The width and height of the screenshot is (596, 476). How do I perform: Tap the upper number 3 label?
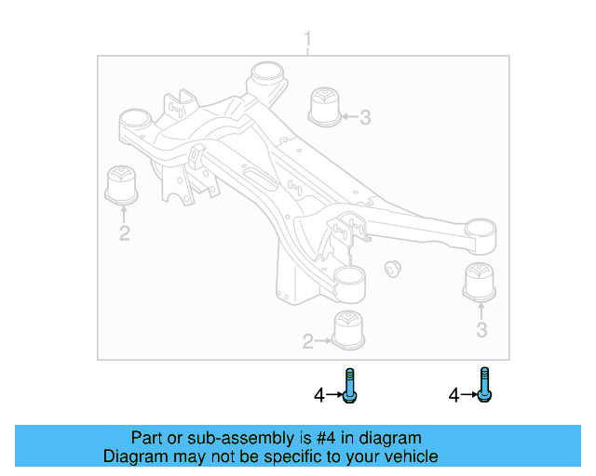365,117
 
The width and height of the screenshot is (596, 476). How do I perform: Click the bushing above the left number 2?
122,184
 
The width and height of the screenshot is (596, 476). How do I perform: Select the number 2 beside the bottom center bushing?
307,342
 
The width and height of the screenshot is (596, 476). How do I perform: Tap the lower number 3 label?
481,330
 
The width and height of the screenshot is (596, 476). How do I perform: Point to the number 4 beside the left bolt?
318,395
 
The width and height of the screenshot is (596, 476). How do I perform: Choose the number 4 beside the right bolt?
454,395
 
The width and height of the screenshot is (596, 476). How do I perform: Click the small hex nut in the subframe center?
392,269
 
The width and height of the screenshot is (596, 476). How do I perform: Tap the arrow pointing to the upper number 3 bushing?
348,117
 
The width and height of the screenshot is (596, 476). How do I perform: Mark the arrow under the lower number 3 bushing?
481,311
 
